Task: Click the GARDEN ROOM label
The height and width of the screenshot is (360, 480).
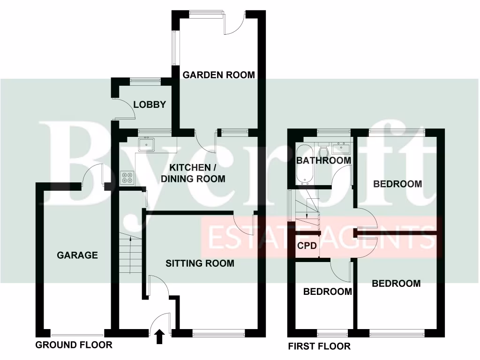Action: tap(218, 75)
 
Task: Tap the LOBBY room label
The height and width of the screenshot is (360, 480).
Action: tap(150, 105)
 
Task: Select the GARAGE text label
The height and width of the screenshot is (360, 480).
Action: tap(77, 255)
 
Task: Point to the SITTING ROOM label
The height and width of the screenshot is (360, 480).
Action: tap(200, 263)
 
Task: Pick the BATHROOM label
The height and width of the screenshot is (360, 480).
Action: tap(324, 160)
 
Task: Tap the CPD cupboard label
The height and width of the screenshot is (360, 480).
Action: tap(307, 246)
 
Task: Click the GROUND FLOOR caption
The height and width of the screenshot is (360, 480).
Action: tap(74, 345)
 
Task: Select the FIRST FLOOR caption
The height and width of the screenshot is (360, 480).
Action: tap(319, 346)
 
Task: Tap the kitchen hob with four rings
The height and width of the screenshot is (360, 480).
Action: tap(127, 178)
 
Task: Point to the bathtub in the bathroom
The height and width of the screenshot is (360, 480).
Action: tap(302, 164)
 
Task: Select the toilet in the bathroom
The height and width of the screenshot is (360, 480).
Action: tap(322, 151)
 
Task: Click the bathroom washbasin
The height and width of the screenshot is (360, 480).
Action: tap(341, 149)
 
